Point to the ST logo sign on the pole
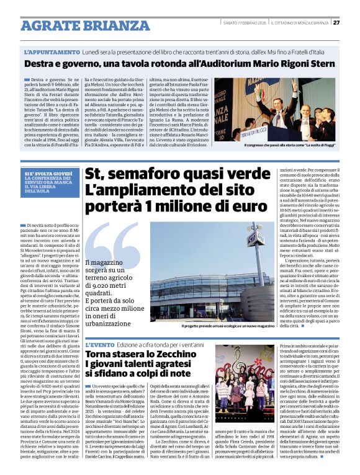(255, 238)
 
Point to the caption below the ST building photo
(228, 325)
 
